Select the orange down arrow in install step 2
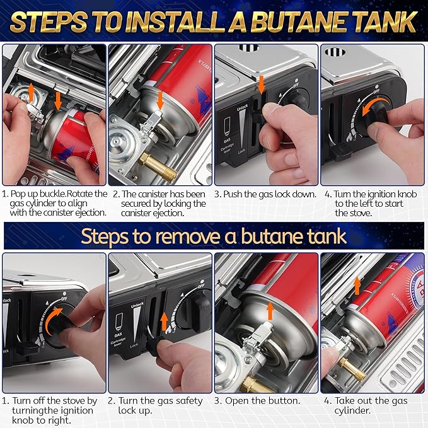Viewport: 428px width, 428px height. pos(161,99)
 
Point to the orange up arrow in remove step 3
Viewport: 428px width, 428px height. pos(270,310)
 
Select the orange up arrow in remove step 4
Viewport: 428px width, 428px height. pos(357,284)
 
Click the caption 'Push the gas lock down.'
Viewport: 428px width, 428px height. pos(265,194)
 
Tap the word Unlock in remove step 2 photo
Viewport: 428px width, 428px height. pos(137,304)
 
